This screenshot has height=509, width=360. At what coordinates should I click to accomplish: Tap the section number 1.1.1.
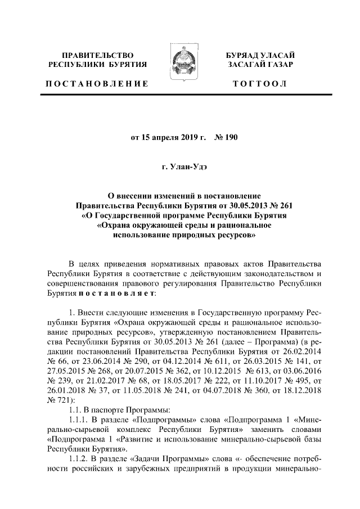pos(76,420)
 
